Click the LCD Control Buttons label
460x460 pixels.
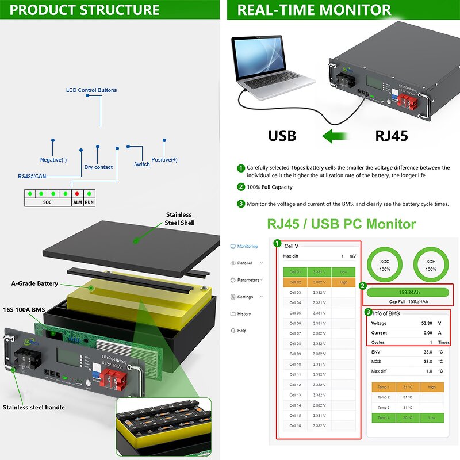click(91, 90)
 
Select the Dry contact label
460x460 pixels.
click(98, 167)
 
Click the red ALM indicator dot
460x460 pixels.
click(76, 194)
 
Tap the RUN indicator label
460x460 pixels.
click(89, 202)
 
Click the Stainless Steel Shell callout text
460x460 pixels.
click(180, 218)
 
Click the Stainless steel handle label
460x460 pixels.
click(34, 408)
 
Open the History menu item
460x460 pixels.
click(244, 314)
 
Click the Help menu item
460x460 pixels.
click(241, 331)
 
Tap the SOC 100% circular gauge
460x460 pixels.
click(385, 265)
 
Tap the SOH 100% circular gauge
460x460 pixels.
click(430, 265)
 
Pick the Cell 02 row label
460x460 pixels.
click(295, 282)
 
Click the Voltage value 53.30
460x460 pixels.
click(426, 323)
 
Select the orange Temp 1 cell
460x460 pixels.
click(384, 387)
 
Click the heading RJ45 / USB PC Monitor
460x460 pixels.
click(341, 224)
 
